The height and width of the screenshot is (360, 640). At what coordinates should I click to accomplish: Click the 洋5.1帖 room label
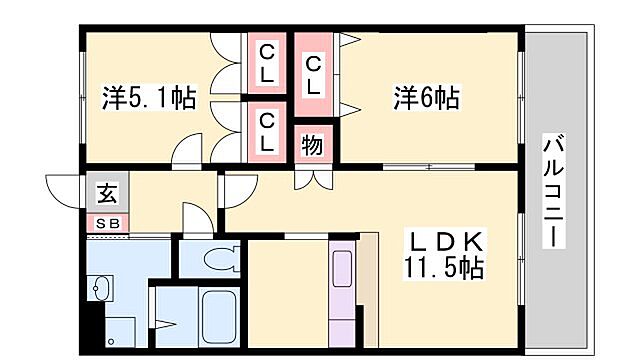point(149,99)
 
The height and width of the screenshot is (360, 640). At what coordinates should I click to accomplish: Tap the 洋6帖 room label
point(426,98)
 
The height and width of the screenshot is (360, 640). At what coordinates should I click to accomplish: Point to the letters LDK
point(445,241)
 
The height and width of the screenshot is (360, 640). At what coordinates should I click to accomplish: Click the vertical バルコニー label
point(552,191)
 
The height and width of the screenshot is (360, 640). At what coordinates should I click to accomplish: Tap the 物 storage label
point(313,144)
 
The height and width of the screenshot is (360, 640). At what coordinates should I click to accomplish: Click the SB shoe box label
point(107,224)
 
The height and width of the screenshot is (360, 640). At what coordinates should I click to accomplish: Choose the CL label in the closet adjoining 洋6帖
point(314,76)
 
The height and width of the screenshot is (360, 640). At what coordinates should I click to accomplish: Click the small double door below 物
point(313,179)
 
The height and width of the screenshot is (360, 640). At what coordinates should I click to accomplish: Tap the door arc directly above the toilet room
point(195,219)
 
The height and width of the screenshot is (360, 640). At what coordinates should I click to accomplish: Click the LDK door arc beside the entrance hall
point(236,190)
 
